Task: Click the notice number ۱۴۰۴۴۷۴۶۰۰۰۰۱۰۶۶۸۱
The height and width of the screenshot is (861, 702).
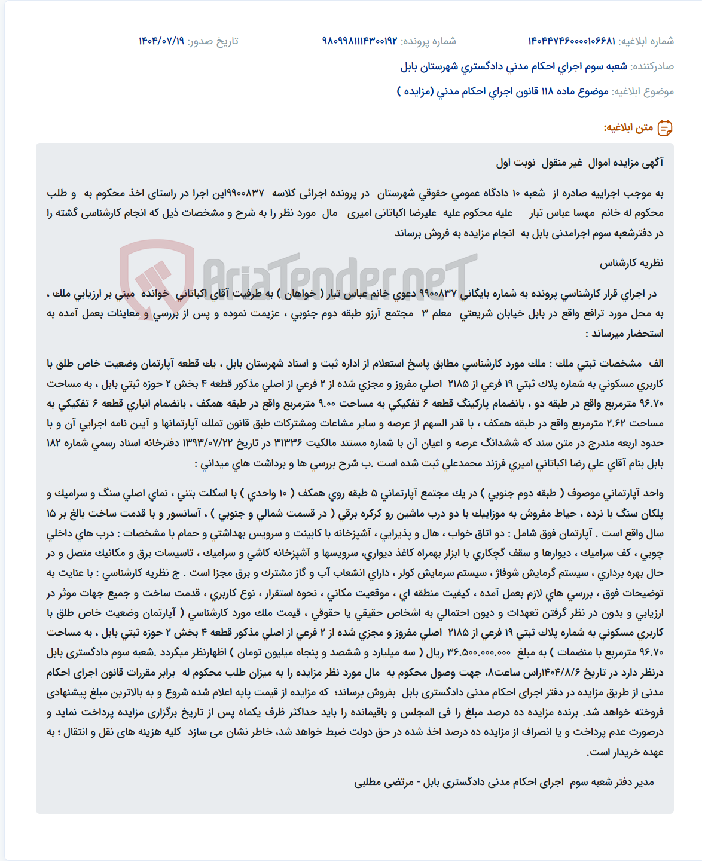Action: point(571,41)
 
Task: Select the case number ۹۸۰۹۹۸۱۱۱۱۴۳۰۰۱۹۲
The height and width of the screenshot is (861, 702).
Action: point(359,41)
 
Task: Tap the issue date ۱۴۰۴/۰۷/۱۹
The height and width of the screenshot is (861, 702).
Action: point(161,41)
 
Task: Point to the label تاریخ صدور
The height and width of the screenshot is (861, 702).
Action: point(213,41)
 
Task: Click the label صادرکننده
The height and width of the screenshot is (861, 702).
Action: point(652,66)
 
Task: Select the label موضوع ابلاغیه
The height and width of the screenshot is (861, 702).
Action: point(643,91)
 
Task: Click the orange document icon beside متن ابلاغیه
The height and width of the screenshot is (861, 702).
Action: point(665,128)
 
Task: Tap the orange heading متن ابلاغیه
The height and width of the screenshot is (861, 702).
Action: point(628,128)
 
